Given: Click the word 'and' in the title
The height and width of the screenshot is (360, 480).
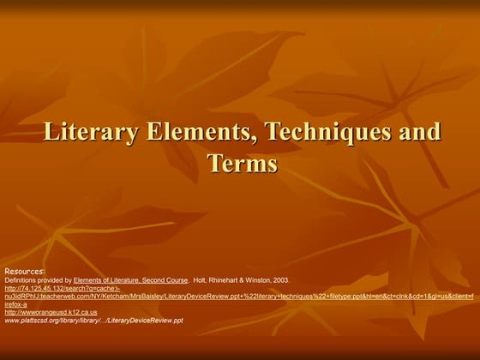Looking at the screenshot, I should click(415, 134).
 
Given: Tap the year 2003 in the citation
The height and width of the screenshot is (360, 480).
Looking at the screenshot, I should click(280, 279).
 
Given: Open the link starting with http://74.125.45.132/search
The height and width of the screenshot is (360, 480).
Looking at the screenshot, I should click(51, 288).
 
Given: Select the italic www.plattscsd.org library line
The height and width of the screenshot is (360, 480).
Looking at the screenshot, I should click(94, 321).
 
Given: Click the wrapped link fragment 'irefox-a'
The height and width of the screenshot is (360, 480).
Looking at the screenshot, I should click(16, 304).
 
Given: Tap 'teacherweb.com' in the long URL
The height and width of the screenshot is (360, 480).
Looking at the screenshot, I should click(61, 296).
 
